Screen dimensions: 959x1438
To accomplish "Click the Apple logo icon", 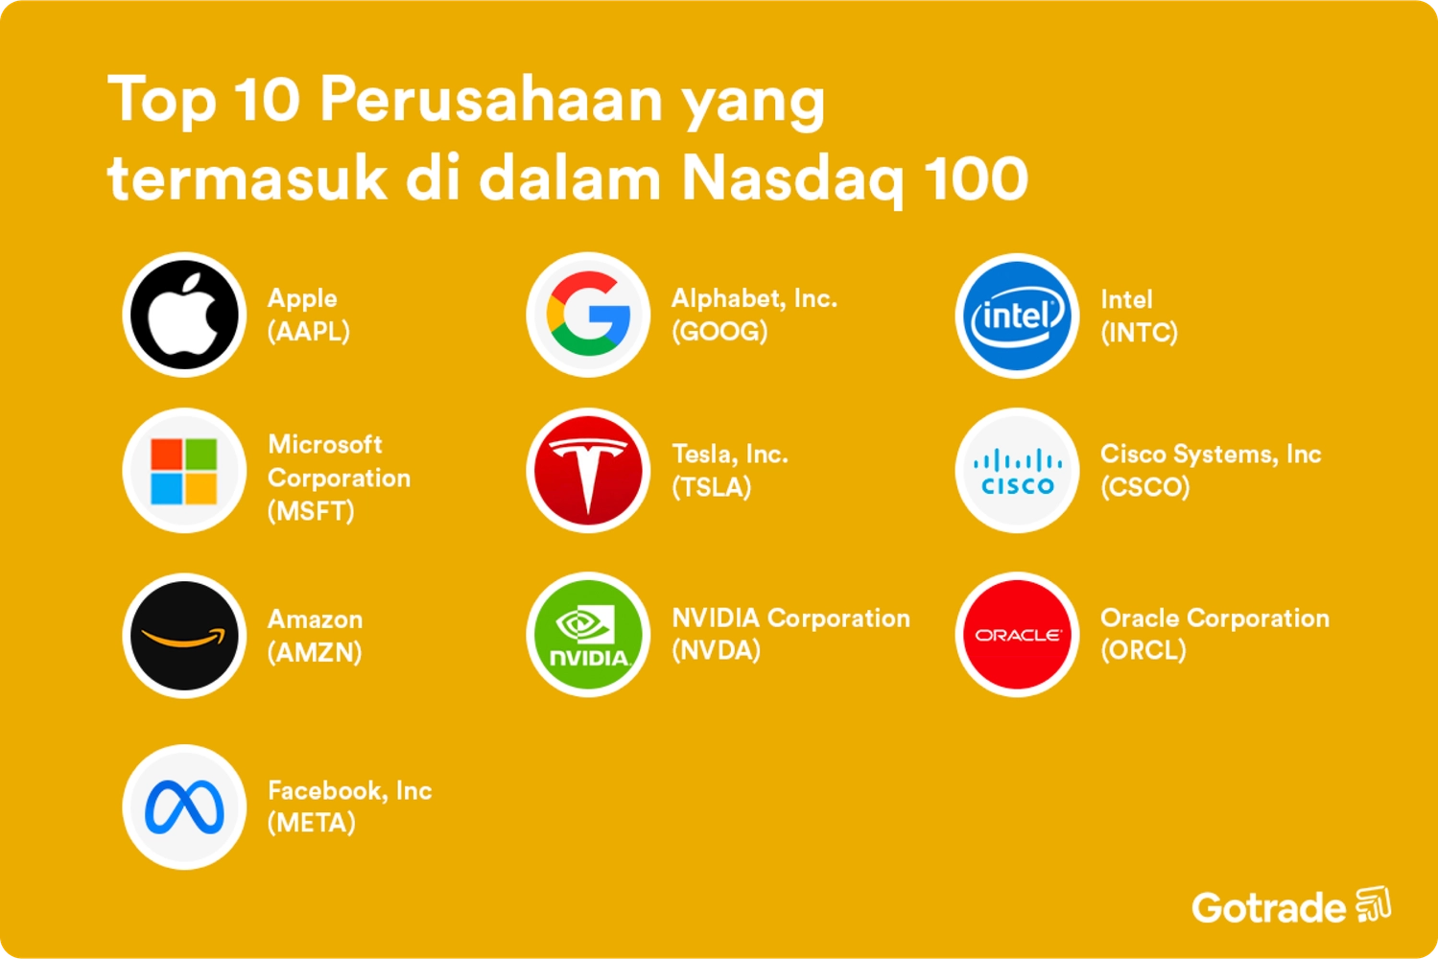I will [x=184, y=315].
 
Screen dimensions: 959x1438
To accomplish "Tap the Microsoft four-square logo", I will [x=184, y=471].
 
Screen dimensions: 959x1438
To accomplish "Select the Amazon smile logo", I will [x=184, y=635].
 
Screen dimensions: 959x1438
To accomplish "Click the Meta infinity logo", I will [x=184, y=807].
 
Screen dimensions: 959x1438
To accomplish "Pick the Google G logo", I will [x=588, y=315].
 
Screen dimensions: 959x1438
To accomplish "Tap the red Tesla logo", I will [x=588, y=471].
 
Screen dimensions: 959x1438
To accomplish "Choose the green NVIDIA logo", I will [x=588, y=635].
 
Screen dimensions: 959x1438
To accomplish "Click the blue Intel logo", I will [x=1017, y=316].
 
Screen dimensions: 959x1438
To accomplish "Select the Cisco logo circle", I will [x=1017, y=471].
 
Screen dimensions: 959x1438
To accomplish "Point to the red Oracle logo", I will [x=1017, y=635].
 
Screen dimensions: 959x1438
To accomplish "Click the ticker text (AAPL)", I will [x=309, y=332].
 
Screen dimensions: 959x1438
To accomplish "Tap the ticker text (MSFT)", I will [x=311, y=511].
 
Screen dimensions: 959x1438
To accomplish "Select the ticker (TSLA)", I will [x=712, y=487].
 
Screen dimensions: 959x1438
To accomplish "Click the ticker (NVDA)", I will [x=717, y=651].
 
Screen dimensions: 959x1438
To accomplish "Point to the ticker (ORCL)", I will [x=1143, y=651].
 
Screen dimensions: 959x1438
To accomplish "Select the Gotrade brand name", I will [x=1269, y=907].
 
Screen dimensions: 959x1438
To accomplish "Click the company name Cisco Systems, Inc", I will [x=1211, y=454].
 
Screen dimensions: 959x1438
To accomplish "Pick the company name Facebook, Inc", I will [x=350, y=790].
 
